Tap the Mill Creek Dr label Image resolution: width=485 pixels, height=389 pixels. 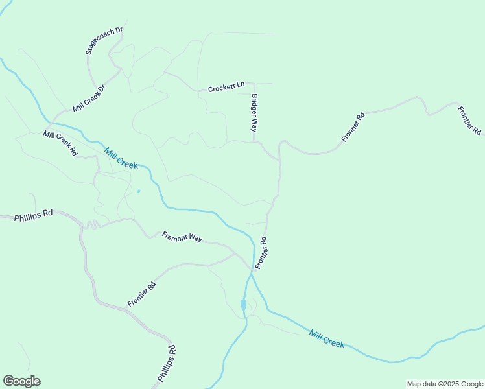89,98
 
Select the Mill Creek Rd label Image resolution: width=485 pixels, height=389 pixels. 60,143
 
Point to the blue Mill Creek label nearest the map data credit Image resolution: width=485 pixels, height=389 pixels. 327,338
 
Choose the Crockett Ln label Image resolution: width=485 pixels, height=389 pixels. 226,87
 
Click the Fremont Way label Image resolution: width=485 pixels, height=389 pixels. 182,237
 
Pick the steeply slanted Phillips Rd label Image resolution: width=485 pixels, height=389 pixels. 167,364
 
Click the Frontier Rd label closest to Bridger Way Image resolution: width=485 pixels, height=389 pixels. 353,127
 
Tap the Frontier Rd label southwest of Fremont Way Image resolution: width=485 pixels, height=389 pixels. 141,294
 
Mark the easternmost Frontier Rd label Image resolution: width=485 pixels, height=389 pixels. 468,121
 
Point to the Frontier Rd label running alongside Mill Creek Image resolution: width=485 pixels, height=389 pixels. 261,253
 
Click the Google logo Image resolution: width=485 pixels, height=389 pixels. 21,381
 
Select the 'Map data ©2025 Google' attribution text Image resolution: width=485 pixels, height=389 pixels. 444,384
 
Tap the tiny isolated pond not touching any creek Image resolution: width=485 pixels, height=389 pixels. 138,191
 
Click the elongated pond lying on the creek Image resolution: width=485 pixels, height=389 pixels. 243,305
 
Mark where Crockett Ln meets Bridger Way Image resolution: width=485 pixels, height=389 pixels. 254,84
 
